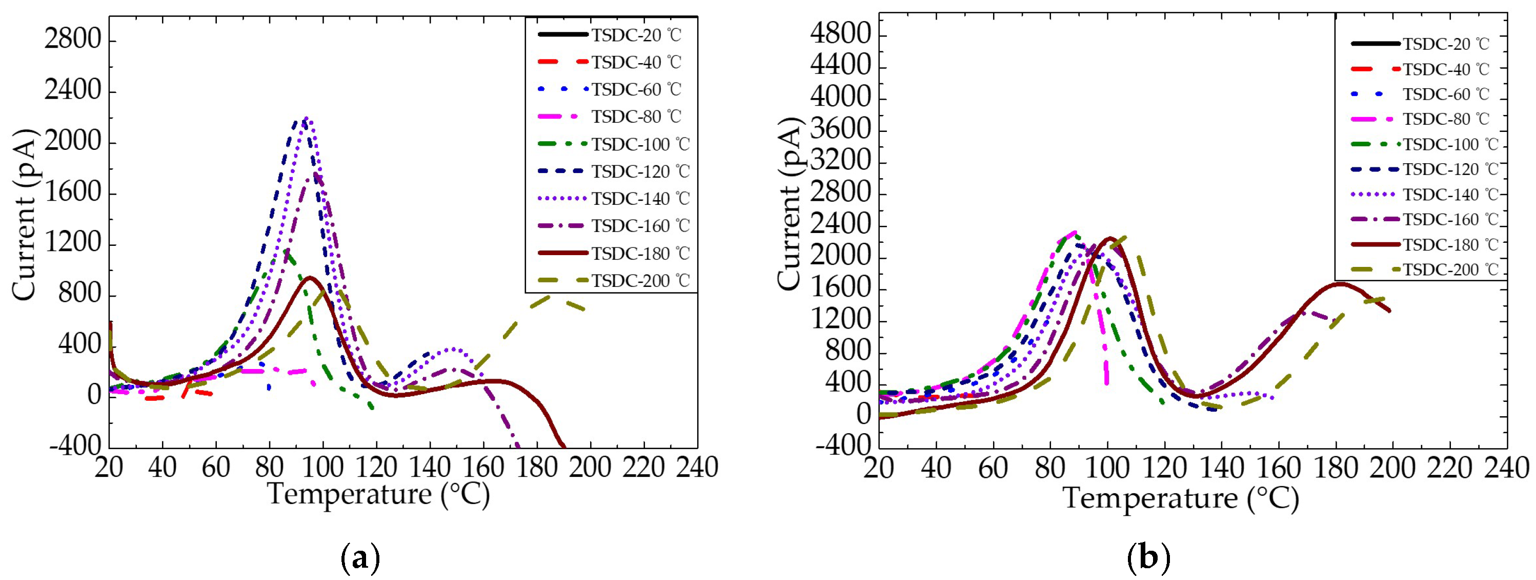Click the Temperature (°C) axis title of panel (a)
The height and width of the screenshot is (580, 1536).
pos(379,495)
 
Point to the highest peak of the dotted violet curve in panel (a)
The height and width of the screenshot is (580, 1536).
pos(307,118)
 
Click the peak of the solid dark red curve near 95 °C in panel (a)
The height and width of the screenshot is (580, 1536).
pos(310,278)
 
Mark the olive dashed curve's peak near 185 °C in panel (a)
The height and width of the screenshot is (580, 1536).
pos(552,295)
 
